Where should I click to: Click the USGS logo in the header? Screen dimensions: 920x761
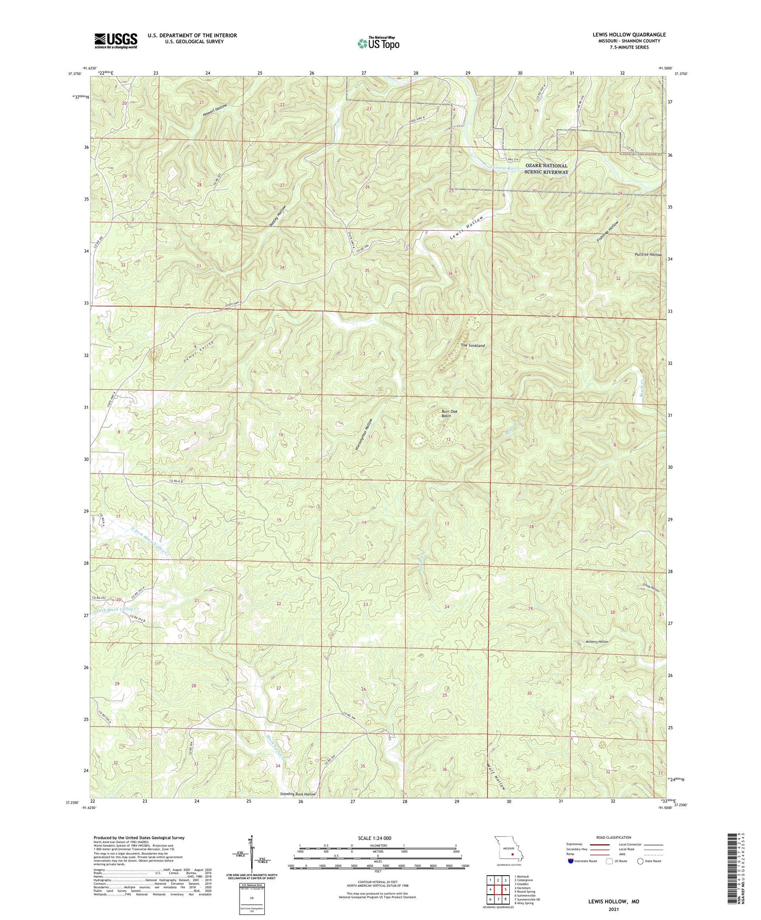tap(116, 41)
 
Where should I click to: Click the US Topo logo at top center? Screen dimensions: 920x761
tap(378, 43)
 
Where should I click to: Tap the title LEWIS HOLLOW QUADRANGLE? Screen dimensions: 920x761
tap(628, 35)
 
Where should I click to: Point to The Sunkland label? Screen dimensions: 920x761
tap(472, 346)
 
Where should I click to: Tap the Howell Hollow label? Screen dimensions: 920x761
tap(213, 111)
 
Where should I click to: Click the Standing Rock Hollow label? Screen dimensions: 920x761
tap(298, 794)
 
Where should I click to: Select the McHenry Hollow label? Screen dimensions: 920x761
tap(597, 642)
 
